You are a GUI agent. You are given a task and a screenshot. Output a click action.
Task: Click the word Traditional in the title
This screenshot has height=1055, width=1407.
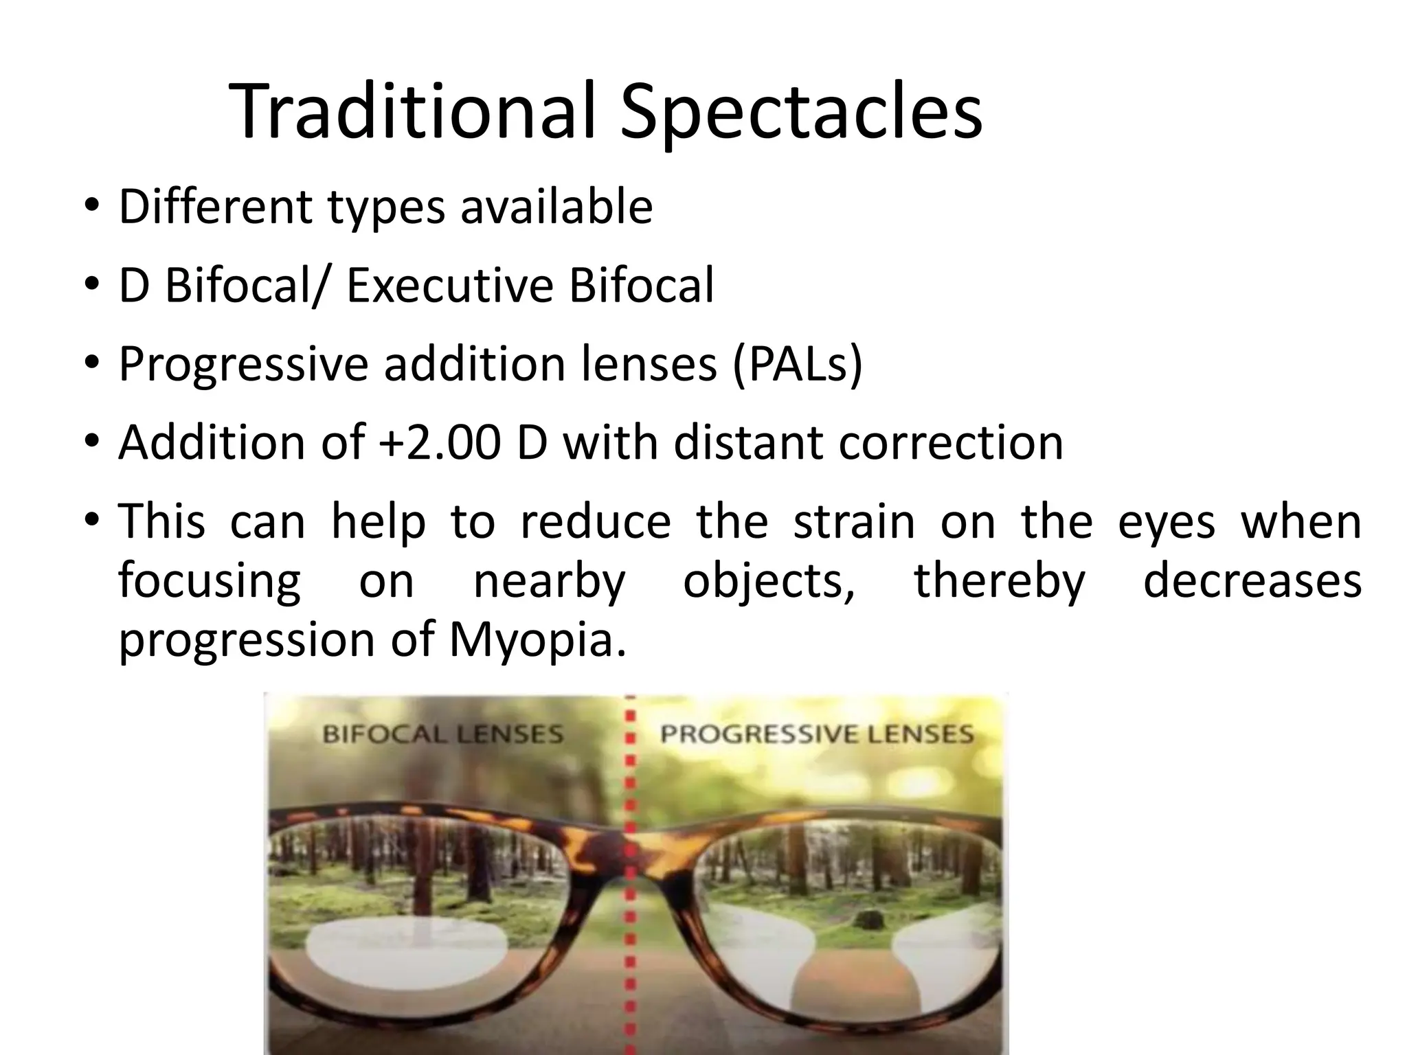click(410, 112)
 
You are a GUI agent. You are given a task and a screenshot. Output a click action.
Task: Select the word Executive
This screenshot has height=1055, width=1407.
click(449, 285)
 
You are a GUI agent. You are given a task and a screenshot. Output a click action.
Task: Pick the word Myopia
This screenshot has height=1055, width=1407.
click(537, 639)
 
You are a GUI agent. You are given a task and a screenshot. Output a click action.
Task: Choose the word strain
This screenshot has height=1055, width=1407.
click(854, 521)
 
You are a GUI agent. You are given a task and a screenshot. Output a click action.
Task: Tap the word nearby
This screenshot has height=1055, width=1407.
click(550, 581)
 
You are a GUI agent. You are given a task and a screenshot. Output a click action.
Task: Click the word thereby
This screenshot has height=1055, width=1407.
click(999, 581)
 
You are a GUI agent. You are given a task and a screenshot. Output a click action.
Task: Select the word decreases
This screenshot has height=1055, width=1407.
click(1252, 581)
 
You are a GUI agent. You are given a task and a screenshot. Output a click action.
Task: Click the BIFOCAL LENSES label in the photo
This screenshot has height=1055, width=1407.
click(442, 734)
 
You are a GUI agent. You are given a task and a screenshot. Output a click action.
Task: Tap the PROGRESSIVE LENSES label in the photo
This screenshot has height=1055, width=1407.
click(817, 734)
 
